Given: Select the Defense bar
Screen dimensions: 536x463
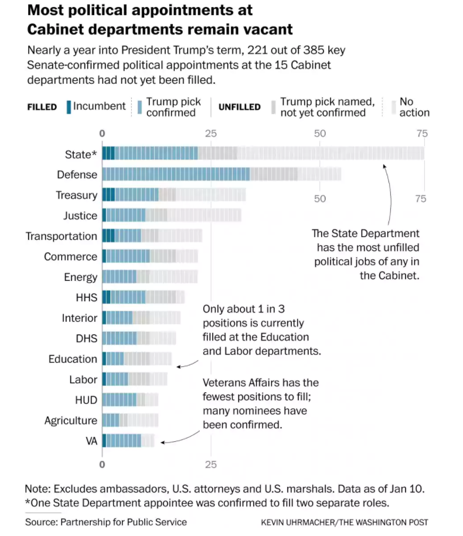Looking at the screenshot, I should (222, 174).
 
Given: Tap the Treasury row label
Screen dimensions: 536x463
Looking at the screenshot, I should (76, 195).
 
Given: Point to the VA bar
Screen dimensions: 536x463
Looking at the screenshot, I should (128, 441).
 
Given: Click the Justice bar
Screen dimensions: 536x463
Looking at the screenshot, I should (171, 215).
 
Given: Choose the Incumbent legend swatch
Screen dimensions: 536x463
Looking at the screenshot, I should (69, 107).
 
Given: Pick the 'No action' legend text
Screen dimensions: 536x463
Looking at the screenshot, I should (414, 107).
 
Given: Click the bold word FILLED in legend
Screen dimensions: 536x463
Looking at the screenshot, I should (42, 108).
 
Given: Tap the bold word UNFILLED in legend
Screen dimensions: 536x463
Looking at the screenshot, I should (239, 108).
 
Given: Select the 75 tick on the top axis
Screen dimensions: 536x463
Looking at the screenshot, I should (421, 133).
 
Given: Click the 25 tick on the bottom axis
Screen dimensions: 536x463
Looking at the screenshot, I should (211, 465).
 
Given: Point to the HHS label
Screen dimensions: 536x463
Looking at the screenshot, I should (86, 298).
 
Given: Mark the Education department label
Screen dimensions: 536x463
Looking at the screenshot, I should (73, 359).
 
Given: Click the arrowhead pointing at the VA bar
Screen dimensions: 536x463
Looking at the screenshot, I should (162, 442).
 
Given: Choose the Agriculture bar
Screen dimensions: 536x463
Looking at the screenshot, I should (130, 420).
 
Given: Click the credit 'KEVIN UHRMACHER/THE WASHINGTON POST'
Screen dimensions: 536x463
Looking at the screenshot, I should (345, 522).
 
